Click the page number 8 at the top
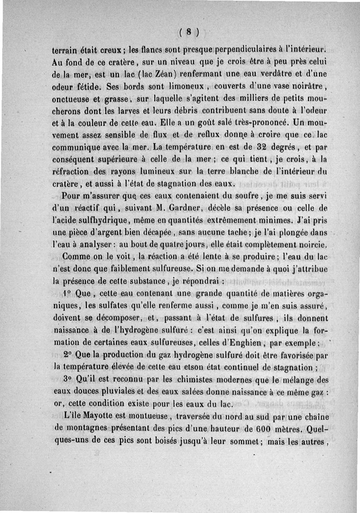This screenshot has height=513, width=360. [x=189, y=31]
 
